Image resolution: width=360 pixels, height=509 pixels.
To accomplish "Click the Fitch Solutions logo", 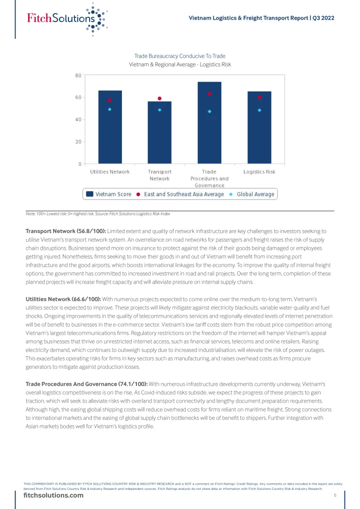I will click(66, 18).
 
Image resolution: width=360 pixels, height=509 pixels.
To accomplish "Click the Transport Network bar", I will click(159, 136).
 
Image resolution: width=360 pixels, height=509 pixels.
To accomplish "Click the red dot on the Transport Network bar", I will click(159, 98).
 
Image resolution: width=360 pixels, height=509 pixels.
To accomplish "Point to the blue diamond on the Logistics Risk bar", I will click(259, 110).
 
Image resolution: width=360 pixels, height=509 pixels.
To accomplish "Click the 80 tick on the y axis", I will click(78, 75).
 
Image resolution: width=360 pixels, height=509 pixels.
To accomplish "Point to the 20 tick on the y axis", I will click(78, 142).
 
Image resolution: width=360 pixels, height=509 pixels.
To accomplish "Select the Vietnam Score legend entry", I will click(109, 194).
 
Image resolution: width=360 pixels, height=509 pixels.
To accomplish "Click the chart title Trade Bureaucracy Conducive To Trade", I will click(180, 56).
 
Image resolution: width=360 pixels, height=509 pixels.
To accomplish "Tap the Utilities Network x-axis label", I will click(110, 172).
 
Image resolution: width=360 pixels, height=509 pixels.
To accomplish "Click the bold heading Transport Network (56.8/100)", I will click(66, 231).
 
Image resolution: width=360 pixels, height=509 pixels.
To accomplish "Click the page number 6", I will click(335, 495).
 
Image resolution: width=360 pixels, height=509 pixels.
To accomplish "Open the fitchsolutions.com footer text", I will click(53, 495).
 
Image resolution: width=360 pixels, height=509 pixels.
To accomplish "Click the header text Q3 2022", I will click(324, 18).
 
